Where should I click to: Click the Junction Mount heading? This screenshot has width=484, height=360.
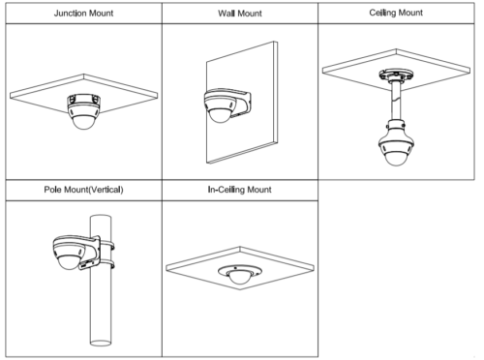pyautogui.click(x=83, y=14)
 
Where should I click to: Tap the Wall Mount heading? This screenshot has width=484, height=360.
pyautogui.click(x=240, y=14)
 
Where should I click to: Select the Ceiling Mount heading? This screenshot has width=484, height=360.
pyautogui.click(x=396, y=13)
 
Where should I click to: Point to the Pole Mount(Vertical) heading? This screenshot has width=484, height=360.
pyautogui.click(x=83, y=190)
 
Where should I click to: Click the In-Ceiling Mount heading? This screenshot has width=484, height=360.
pyautogui.click(x=239, y=190)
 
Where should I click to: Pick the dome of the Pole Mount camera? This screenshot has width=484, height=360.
pyautogui.click(x=69, y=262)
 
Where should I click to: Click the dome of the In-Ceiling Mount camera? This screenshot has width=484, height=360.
pyautogui.click(x=239, y=277)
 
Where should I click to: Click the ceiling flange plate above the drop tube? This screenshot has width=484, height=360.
pyautogui.click(x=396, y=75)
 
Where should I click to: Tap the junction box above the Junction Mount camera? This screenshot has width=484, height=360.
pyautogui.click(x=83, y=100)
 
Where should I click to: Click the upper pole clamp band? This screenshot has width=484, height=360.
pyautogui.click(x=106, y=244)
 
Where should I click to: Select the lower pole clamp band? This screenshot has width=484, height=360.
pyautogui.click(x=106, y=265)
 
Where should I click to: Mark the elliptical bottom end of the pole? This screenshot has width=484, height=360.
pyautogui.click(x=101, y=343)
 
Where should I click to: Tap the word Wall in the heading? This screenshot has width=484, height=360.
pyautogui.click(x=226, y=14)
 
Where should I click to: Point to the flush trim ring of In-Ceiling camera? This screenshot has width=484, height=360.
pyautogui.click(x=240, y=273)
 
